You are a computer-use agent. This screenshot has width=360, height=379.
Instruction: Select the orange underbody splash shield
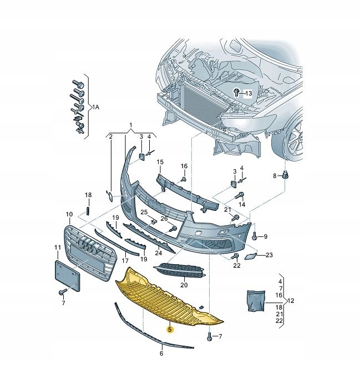(166, 297)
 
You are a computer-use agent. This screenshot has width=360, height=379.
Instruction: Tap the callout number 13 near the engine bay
(248, 93)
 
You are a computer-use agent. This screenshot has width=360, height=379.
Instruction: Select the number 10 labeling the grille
(69, 214)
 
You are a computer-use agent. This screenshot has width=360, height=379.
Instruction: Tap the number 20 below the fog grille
(184, 285)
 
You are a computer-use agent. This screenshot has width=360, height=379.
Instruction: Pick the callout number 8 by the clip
(274, 176)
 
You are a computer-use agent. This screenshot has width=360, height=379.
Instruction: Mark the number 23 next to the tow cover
(270, 255)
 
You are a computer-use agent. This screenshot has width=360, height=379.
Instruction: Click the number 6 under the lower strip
(161, 353)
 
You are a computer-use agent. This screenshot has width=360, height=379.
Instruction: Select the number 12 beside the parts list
(291, 301)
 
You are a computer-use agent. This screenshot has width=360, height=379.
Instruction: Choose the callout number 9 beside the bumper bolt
(265, 237)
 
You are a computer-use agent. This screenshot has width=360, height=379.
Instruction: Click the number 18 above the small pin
(88, 195)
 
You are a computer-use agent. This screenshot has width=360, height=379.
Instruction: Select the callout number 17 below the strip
(125, 260)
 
